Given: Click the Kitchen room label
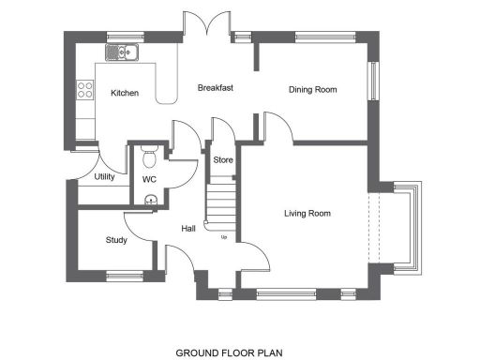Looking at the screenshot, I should (x=125, y=93).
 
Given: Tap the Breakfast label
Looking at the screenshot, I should (x=215, y=88).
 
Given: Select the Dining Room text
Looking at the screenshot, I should (x=312, y=90).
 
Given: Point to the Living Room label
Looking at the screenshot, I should (x=307, y=214).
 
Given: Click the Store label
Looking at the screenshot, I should (x=223, y=160).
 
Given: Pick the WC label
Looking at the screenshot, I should (x=149, y=179).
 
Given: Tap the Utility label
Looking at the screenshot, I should (x=104, y=177).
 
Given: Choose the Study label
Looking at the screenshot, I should (x=116, y=240).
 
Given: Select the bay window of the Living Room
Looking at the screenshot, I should (x=409, y=228).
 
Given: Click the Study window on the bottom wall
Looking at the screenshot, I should (x=121, y=276).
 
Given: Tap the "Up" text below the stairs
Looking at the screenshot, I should (x=223, y=236).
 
